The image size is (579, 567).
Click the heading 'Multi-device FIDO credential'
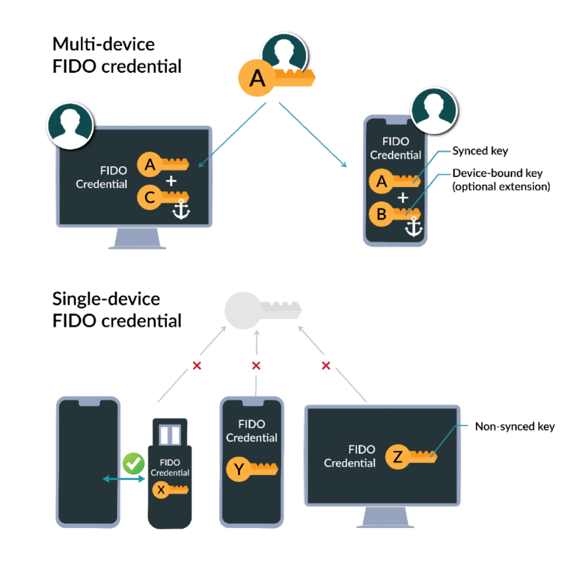click(x=117, y=55)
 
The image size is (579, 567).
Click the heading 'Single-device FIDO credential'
click(x=117, y=310)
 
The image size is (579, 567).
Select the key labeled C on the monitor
click(x=164, y=197)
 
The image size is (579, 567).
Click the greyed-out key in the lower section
click(x=261, y=309)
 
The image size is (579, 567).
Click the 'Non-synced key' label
click(x=514, y=427)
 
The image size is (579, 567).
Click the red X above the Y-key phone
click(x=256, y=366)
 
